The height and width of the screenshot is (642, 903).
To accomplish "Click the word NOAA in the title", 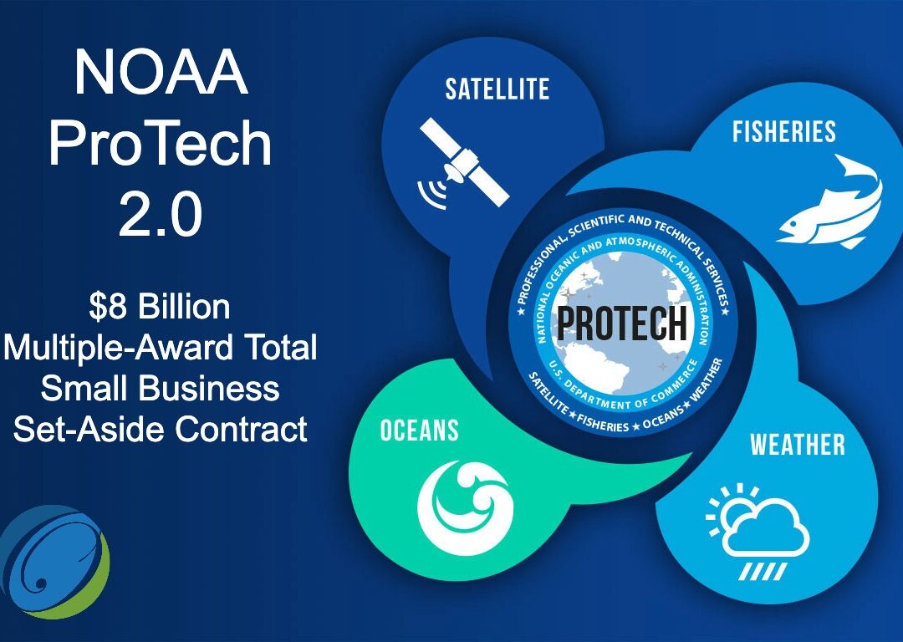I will pyautogui.click(x=161, y=74).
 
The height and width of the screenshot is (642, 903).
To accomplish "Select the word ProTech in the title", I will pyautogui.click(x=161, y=144).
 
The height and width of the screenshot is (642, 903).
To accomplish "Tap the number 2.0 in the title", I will pyautogui.click(x=161, y=213).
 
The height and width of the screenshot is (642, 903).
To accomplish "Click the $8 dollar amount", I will pyautogui.click(x=107, y=307).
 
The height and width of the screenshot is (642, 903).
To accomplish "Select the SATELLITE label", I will pyautogui.click(x=497, y=89).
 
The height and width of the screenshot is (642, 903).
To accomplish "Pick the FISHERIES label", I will pyautogui.click(x=783, y=132).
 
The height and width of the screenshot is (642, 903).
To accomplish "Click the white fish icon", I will pyautogui.click(x=829, y=201).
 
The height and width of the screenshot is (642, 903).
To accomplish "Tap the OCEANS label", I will pyautogui.click(x=419, y=431).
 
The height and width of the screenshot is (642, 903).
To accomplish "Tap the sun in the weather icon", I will pyautogui.click(x=727, y=507).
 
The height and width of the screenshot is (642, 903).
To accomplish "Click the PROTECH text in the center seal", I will pyautogui.click(x=622, y=324).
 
